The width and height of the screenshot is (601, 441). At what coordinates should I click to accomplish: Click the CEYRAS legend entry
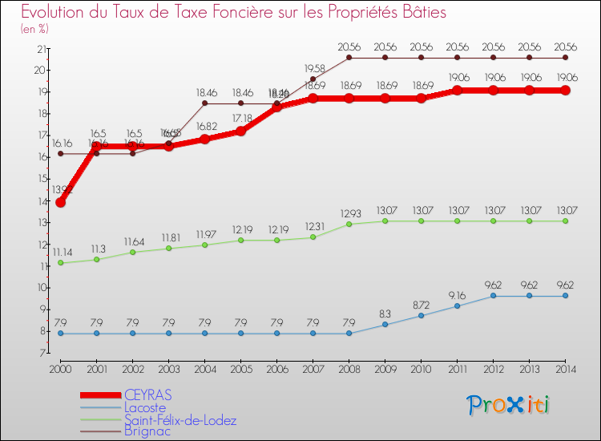tap(148, 395)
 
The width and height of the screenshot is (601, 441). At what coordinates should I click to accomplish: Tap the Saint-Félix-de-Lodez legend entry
tap(180, 419)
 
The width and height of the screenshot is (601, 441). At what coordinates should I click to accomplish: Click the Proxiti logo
tap(508, 404)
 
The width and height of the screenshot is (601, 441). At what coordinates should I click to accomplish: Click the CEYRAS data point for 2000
tap(60, 202)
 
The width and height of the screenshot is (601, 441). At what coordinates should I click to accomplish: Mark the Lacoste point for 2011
tap(457, 305)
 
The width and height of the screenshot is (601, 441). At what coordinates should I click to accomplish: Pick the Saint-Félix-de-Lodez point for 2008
tap(349, 225)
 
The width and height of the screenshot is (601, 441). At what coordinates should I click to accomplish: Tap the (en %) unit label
tap(34, 29)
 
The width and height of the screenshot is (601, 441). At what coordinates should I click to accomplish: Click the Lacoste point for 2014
tap(565, 296)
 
